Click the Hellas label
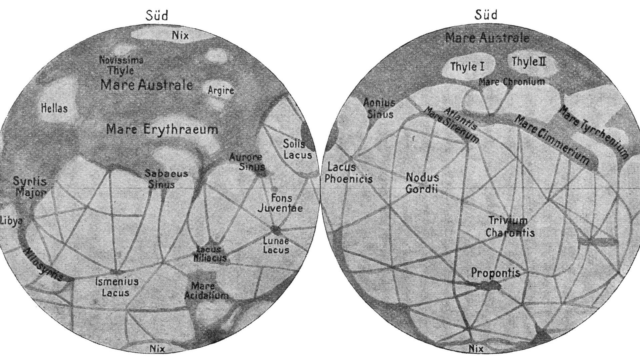pyautogui.click(x=54, y=108)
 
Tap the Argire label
pyautogui.click(x=221, y=90)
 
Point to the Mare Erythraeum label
pyautogui.click(x=162, y=129)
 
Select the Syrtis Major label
pyautogui.click(x=30, y=187)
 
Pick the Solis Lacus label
pyautogui.click(x=297, y=149)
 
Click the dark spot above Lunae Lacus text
pyautogui.click(x=276, y=229)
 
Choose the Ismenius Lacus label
pyautogui.click(x=116, y=287)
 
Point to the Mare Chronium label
pyautogui.click(x=512, y=82)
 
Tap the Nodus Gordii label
pyautogui.click(x=422, y=183)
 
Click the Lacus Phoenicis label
pyautogui.click(x=348, y=173)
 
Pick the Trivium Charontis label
pyautogui.click(x=510, y=226)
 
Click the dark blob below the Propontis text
pyautogui.click(x=490, y=285)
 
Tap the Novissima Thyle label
pyautogui.click(x=121, y=65)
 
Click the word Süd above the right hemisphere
pyautogui.click(x=486, y=15)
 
